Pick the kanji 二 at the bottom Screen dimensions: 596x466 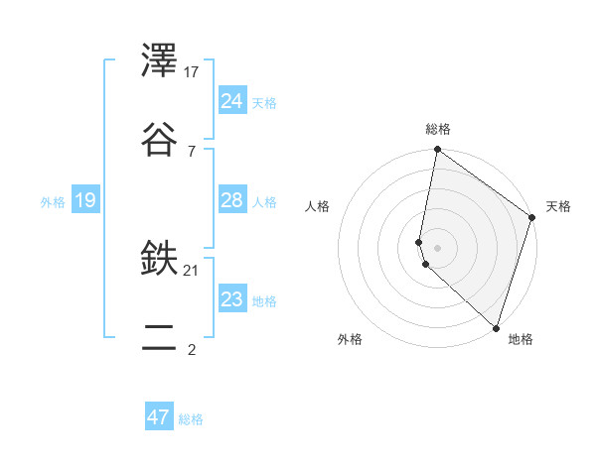160,338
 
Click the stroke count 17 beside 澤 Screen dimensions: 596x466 192,72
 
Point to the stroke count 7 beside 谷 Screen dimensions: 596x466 191,151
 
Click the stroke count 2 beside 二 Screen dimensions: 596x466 191,349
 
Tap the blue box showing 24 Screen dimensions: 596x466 232,100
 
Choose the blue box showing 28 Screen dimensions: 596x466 232,200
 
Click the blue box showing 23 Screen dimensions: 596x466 232,298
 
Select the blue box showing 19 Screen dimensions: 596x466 85,200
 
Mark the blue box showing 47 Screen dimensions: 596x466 159,417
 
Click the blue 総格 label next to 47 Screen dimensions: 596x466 191,419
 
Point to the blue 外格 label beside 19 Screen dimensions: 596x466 53,202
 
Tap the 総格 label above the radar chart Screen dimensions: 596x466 438,129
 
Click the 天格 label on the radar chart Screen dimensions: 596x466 558,207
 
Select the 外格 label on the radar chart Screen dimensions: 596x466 350,339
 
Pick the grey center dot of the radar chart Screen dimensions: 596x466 437,247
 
